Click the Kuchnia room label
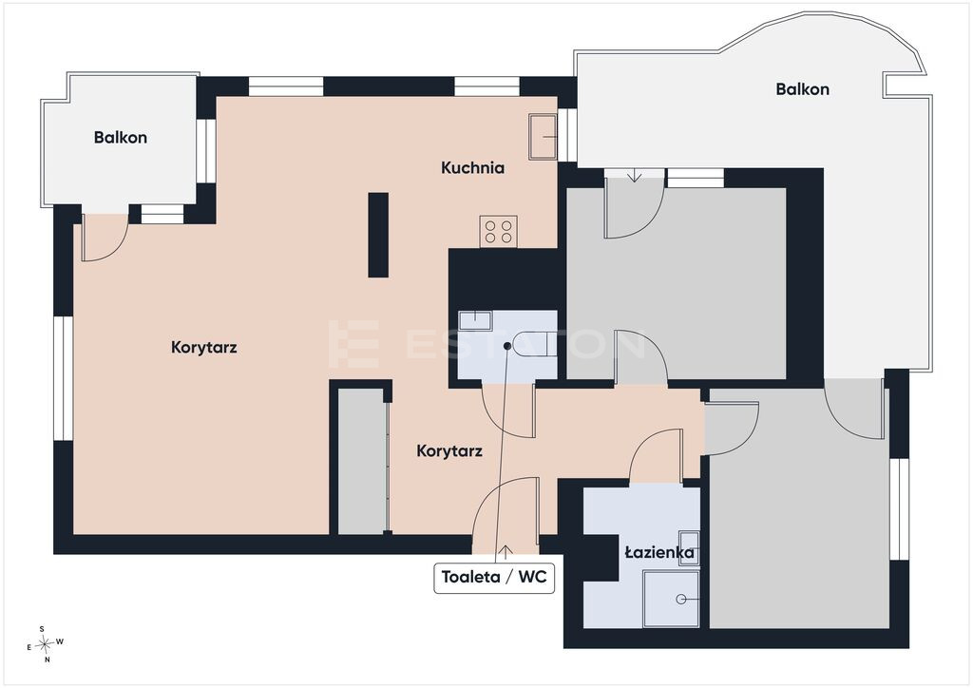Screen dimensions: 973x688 472,167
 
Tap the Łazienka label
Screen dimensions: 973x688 659,551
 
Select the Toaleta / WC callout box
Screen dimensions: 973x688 494,577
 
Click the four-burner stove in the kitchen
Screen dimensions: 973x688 498,232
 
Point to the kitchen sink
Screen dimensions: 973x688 543,136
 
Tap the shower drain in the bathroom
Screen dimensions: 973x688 680,600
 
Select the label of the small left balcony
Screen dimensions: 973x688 121,137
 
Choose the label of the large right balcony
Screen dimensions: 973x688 802,89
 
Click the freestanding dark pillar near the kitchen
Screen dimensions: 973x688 378,235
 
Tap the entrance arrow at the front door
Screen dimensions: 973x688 506,550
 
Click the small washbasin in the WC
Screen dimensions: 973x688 475,321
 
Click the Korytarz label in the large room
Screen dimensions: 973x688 203,348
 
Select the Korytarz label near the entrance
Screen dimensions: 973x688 449,451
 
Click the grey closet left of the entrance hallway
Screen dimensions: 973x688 362,461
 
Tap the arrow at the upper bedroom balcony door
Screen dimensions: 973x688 634,176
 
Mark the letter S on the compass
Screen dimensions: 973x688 42,629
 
